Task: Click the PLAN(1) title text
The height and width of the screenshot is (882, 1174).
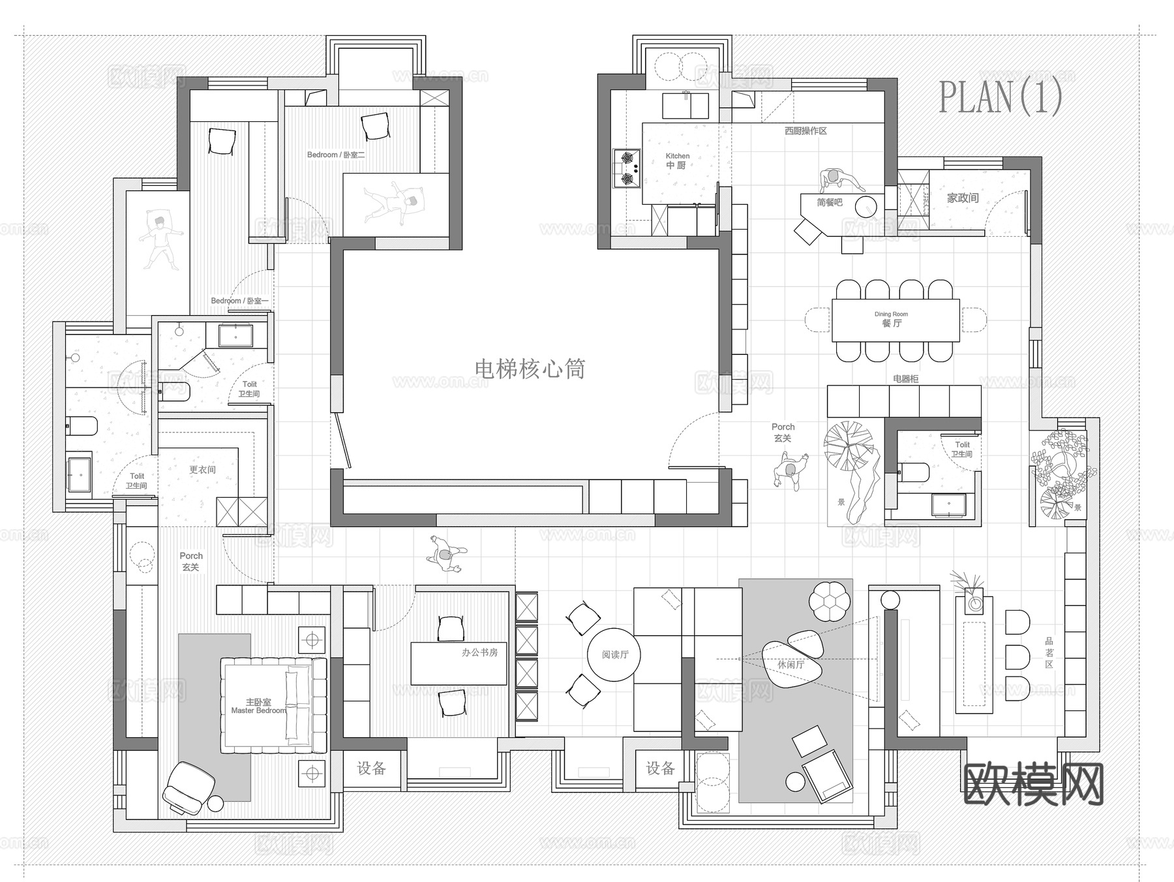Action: (1000, 97)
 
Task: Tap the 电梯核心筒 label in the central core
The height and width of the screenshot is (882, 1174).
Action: (530, 369)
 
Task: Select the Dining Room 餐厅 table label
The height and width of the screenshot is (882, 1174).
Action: (892, 320)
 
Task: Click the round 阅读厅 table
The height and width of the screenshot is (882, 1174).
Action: (614, 654)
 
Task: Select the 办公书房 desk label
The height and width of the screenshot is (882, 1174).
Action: (479, 652)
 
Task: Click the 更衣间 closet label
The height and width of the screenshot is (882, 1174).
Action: (202, 470)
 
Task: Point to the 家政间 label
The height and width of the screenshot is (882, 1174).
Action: (963, 198)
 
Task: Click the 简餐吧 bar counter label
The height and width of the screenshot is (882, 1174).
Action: (829, 202)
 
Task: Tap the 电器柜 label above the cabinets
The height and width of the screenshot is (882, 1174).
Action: (905, 378)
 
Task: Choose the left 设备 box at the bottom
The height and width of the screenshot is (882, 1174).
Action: (371, 768)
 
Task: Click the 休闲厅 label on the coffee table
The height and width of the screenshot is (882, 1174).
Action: (790, 665)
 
